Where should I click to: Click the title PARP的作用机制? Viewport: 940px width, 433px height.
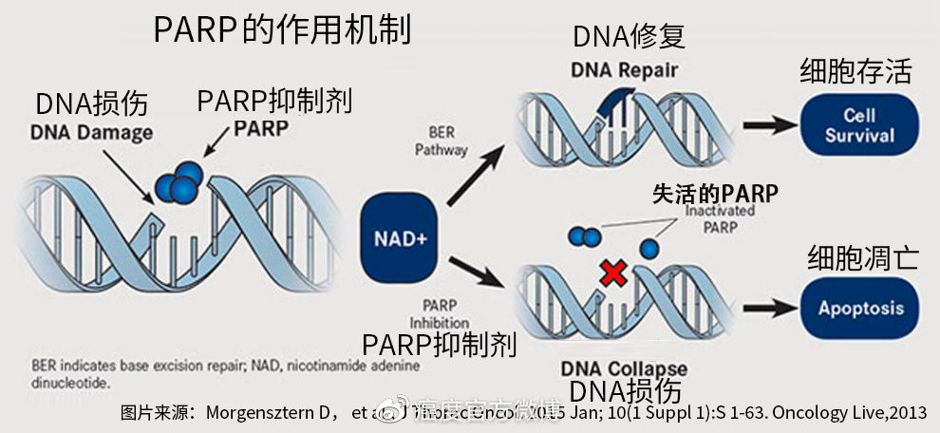click(x=282, y=29)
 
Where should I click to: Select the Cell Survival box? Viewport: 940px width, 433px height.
click(x=858, y=125)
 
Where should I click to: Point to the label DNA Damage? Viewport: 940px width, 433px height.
click(x=91, y=133)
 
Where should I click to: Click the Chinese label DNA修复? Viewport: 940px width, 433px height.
click(x=629, y=37)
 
